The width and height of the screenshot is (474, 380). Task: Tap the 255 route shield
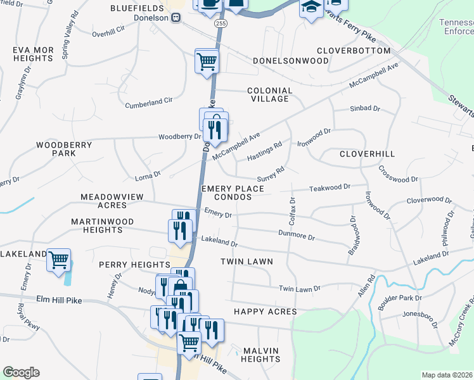[220, 23]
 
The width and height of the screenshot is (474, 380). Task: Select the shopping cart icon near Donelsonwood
[207, 62]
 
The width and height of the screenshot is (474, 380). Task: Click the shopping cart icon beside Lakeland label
[58, 259]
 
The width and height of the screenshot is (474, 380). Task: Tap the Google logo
[21, 372]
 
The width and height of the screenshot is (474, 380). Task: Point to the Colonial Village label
[270, 94]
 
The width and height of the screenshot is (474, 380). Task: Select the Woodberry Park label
[64, 149]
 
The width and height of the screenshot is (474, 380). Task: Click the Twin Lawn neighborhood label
[247, 261]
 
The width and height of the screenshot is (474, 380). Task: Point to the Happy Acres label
[265, 312]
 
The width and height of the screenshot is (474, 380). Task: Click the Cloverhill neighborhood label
[367, 154]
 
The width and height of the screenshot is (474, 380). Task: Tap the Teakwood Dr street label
[330, 187]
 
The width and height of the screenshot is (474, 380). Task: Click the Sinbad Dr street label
[364, 109]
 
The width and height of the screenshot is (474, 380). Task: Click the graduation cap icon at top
[311, 8]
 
